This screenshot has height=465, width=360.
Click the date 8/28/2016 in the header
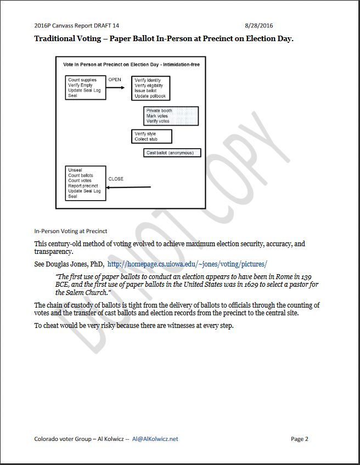click(x=259, y=26)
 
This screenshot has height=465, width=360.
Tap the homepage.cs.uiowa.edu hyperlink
click(x=187, y=264)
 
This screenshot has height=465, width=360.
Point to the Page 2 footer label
click(x=300, y=439)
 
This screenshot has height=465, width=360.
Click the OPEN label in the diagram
click(x=115, y=80)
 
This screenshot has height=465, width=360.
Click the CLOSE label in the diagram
click(x=116, y=179)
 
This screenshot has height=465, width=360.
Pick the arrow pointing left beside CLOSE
click(x=128, y=188)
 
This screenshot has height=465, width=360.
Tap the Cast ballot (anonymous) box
click(x=172, y=153)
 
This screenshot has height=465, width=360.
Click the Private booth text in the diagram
click(x=159, y=111)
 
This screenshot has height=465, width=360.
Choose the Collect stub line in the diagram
click(x=146, y=139)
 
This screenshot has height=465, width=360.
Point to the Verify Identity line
click(x=148, y=81)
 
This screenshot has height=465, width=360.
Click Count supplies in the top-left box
click(x=82, y=81)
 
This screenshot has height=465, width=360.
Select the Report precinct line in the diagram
click(x=83, y=186)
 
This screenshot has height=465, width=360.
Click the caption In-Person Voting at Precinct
click(x=71, y=231)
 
